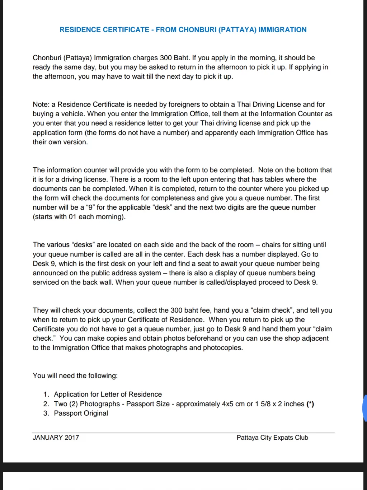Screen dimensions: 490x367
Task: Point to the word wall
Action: pos(105,282)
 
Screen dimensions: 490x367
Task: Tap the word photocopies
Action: pos(223,347)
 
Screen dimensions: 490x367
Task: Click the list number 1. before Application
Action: pos(46,394)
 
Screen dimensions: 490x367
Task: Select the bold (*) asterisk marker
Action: pos(310,404)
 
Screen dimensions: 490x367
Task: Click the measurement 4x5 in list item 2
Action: pos(227,404)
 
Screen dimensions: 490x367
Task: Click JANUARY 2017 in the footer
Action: pos(56,438)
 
